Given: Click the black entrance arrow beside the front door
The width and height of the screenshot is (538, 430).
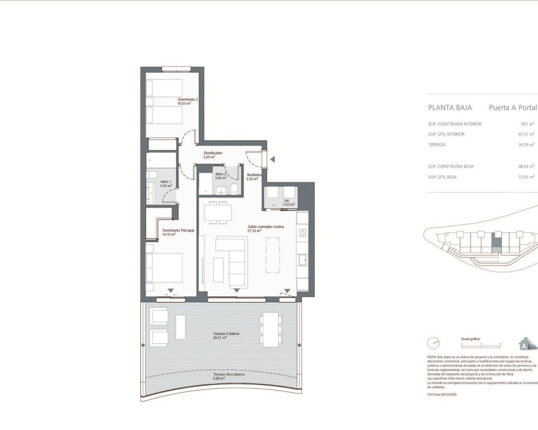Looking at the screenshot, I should [x=272, y=159].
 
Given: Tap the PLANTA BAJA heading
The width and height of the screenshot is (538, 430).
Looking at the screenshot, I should [x=450, y=107].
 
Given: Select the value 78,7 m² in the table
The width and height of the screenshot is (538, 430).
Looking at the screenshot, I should [x=527, y=124].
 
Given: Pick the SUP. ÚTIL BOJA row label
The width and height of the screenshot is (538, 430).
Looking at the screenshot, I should [x=442, y=177].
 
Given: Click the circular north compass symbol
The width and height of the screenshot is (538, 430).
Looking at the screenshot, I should [x=433, y=343].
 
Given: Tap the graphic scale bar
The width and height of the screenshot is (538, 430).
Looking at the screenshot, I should [x=481, y=343].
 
